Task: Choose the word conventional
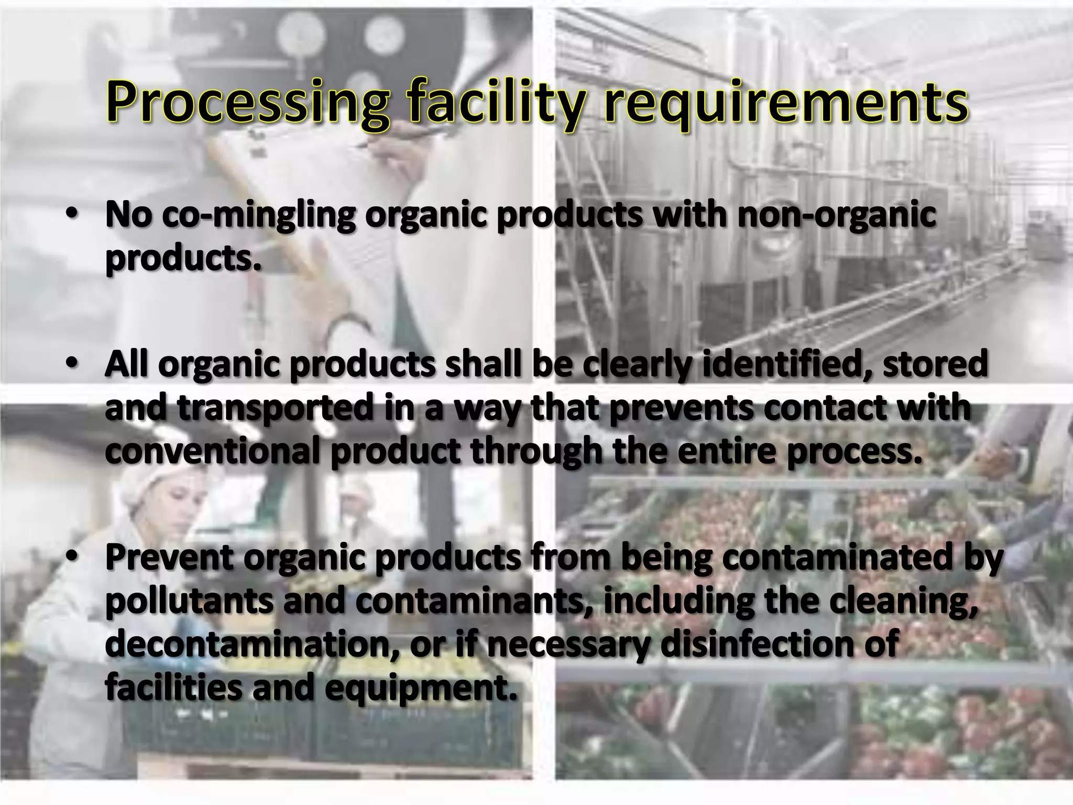(x=212, y=452)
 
